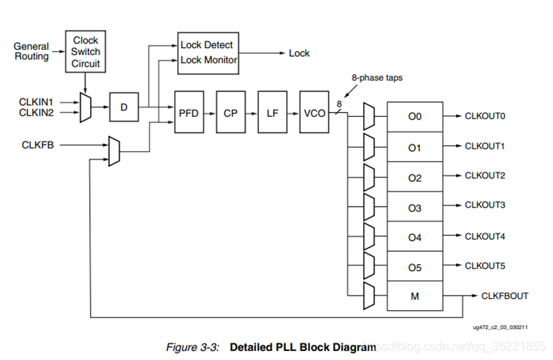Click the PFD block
pyautogui.click(x=189, y=113)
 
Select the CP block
pyautogui.click(x=230, y=113)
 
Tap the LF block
pyautogui.click(x=272, y=113)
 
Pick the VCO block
pyautogui.click(x=315, y=113)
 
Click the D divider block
pyautogui.click(x=124, y=107)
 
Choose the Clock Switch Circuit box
pyautogui.click(x=85, y=52)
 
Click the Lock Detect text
pyautogui.click(x=206, y=45)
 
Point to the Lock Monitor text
pyautogui.click(x=208, y=60)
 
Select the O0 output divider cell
pyautogui.click(x=414, y=117)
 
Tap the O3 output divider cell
pyautogui.click(x=414, y=208)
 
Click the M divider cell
pyautogui.click(x=414, y=297)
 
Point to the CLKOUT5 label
pyautogui.click(x=485, y=265)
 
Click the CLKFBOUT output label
pyautogui.click(x=504, y=295)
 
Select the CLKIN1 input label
pyautogui.click(x=36, y=101)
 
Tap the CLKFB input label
pyautogui.click(x=38, y=145)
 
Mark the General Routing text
pyautogui.click(x=31, y=52)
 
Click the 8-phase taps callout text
pyautogui.click(x=377, y=78)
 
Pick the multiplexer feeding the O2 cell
pyautogui.click(x=368, y=175)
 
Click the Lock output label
pyautogui.click(x=299, y=53)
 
